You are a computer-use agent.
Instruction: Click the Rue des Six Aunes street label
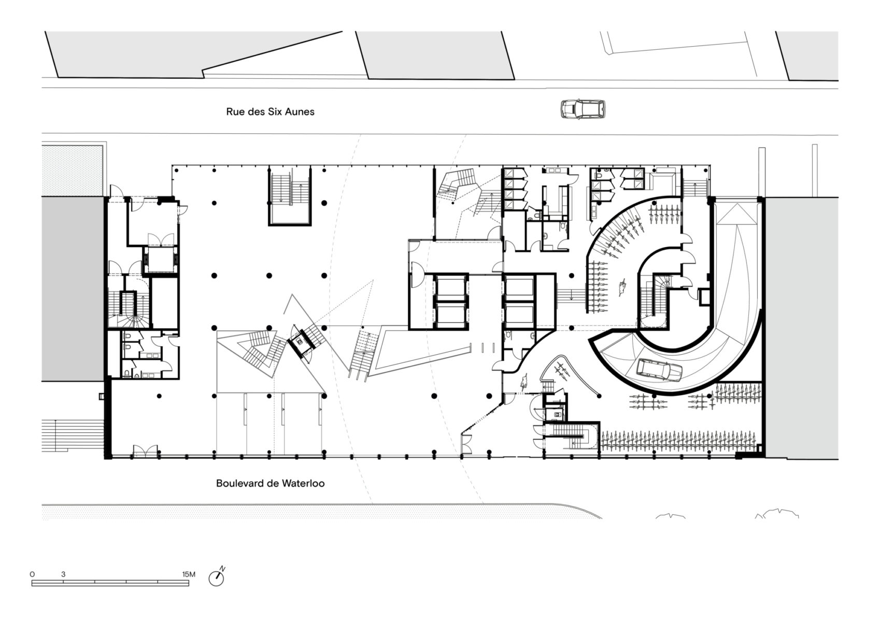coord(271,111)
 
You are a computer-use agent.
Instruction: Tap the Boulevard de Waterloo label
coord(271,483)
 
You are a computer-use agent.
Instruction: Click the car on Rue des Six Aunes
coord(583,109)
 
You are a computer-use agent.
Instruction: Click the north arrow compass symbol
coord(216,578)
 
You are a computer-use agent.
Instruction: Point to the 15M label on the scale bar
coord(189,574)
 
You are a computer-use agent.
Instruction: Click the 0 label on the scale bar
coord(32,574)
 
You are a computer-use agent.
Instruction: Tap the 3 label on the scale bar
coord(63,574)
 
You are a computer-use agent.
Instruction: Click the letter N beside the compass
coord(222,569)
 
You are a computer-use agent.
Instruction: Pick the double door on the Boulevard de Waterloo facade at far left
coord(145,451)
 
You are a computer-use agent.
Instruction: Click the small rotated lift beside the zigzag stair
coord(301,342)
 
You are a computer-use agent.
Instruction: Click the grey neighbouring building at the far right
coord(801,328)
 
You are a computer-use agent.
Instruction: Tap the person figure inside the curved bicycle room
coord(622,288)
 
